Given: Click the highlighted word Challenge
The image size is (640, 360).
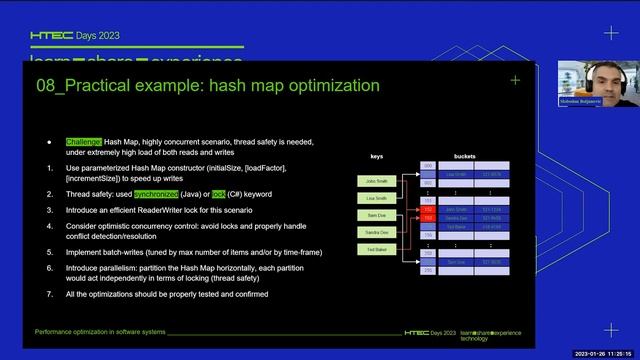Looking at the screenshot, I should coord(84,142).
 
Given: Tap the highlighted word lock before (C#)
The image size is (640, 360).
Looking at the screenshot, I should coord(219,194).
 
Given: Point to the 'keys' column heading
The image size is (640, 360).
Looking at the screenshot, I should coord(376,157).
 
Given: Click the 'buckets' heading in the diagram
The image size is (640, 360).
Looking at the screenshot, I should coord(464,157).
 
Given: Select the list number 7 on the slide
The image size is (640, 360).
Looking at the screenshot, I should coord(50,294).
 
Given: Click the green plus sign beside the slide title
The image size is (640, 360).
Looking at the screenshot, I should coord(515,80).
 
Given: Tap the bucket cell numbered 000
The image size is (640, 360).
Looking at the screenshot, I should coord(427,165).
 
